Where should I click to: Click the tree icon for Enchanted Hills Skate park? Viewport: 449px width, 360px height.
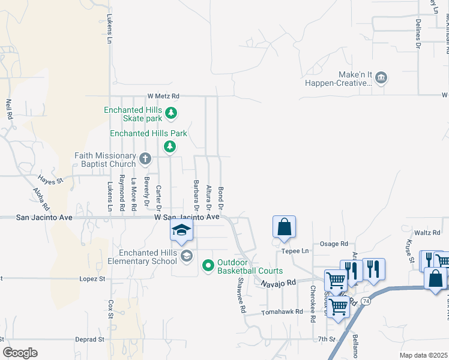171,112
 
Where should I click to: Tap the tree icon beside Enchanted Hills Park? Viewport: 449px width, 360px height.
170,146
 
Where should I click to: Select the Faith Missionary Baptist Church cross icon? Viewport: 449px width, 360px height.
145,158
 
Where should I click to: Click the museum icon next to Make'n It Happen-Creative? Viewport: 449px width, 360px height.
381,78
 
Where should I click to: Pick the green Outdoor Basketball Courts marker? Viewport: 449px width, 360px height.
208,265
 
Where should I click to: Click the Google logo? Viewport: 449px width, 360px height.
20,353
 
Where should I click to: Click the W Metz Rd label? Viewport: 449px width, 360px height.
163,96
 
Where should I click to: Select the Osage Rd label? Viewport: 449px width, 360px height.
334,244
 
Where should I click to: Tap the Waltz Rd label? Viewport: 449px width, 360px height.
427,232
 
